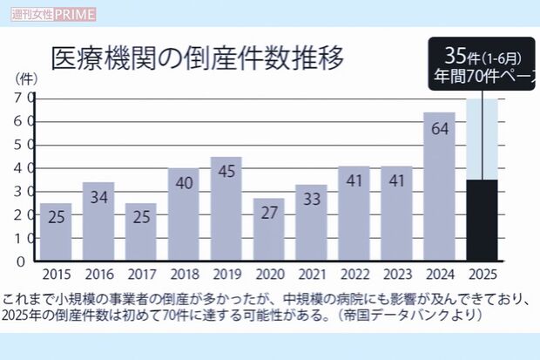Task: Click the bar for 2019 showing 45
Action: pos(226,209)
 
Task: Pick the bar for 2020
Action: pos(269,230)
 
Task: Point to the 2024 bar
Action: pos(439,187)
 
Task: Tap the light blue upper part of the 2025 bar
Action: pos(482,139)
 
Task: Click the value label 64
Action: pos(439,130)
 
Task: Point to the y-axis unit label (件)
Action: pos(27,78)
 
